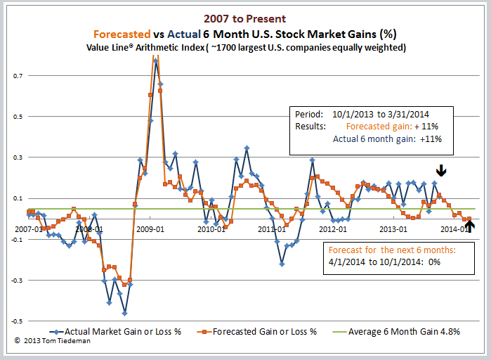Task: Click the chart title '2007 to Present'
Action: coord(245,20)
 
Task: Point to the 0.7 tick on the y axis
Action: coord(15,75)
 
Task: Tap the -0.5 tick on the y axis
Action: coord(14,321)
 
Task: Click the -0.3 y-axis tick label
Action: coord(14,281)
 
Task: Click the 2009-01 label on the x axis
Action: coord(150,229)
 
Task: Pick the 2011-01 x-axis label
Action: coord(271,229)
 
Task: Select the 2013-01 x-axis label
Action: coord(393,229)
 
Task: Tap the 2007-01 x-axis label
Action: coord(27,229)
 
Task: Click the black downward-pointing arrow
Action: coord(440,171)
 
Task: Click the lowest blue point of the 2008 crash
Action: coord(124,313)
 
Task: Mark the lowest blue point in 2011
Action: coord(282,264)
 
